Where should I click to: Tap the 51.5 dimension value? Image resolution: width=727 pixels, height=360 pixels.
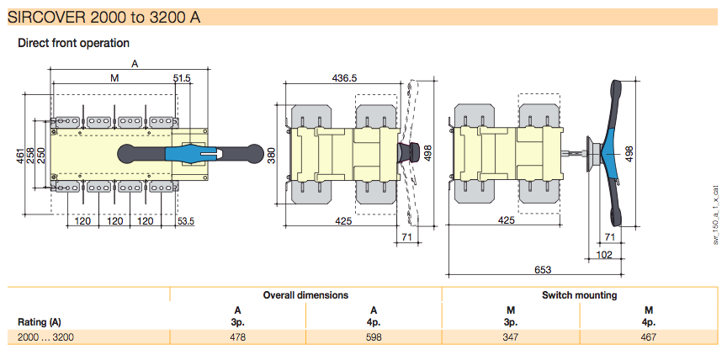[x=183, y=77]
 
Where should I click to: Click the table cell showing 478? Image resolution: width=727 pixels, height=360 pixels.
[x=237, y=337]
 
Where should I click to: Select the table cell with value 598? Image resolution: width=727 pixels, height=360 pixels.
[x=374, y=337]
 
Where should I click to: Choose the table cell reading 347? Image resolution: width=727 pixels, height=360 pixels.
[x=510, y=337]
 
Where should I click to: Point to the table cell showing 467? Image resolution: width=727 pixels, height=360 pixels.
[x=648, y=337]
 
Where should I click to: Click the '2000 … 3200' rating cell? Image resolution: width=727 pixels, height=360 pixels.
[x=45, y=337]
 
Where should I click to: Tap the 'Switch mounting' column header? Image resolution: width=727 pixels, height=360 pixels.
[x=579, y=295]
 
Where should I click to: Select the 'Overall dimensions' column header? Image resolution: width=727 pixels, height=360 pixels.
[x=305, y=295]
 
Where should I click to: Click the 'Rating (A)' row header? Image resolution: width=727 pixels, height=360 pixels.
[x=40, y=321]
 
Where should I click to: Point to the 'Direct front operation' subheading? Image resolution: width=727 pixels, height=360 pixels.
[x=73, y=43]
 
